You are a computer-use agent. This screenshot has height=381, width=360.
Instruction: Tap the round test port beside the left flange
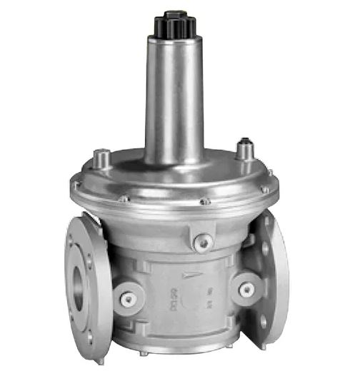[129, 299]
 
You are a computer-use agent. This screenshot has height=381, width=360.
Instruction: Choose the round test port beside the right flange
[247, 289]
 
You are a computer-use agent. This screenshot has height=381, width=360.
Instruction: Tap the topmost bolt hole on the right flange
[268, 222]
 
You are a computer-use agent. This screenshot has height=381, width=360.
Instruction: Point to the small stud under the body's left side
[143, 352]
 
